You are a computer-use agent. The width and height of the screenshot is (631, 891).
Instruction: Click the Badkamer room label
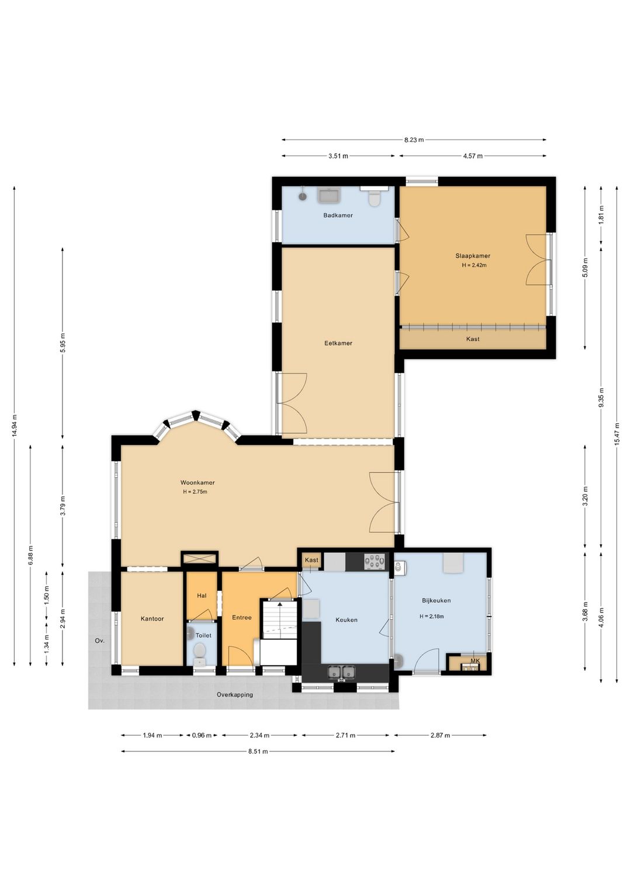point(338,215)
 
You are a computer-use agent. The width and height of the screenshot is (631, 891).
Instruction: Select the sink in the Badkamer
point(328,196)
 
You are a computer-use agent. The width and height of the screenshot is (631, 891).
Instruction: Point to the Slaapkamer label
point(473,256)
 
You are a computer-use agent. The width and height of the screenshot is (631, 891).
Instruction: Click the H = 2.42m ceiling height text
point(474,265)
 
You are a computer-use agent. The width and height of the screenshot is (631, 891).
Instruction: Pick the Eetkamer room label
point(338,343)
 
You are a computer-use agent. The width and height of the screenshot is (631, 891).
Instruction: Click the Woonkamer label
point(197,482)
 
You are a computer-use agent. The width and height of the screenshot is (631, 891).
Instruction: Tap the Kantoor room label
point(152,618)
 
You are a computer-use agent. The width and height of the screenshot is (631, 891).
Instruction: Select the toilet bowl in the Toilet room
point(199,650)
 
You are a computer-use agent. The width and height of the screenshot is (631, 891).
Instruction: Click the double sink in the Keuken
point(341,672)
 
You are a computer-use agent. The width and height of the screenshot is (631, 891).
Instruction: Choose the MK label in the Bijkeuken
point(475,661)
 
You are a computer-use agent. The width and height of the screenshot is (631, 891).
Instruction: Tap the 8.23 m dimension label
point(414,140)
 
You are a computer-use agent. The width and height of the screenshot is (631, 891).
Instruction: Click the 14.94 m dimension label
point(15,425)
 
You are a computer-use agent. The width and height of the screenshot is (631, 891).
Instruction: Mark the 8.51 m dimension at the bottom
point(258,751)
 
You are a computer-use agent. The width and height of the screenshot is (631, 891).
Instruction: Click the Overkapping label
point(234,694)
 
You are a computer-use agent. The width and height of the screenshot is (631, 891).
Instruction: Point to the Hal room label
point(202,596)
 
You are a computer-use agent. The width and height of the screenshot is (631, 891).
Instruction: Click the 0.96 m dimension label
point(202,735)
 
